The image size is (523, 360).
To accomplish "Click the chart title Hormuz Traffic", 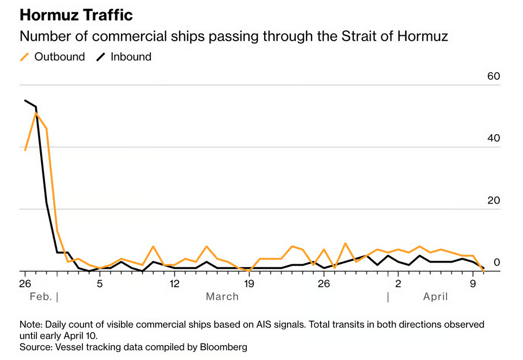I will [76, 15].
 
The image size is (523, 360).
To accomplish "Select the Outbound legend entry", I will [59, 56].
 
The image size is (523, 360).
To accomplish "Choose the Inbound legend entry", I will [131, 56].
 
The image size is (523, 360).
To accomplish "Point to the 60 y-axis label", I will [493, 76].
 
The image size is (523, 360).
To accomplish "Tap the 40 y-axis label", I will [493, 138].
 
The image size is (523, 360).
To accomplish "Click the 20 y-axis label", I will [493, 200].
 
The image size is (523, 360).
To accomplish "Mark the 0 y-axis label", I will [496, 262].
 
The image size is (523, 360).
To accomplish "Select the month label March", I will [222, 296].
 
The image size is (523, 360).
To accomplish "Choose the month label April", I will [436, 296].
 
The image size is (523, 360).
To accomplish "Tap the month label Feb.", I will [41, 296].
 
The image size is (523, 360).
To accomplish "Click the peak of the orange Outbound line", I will [36, 113].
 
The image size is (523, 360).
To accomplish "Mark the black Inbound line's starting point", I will [25, 100].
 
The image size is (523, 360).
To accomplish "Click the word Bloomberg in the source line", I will [220, 346].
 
